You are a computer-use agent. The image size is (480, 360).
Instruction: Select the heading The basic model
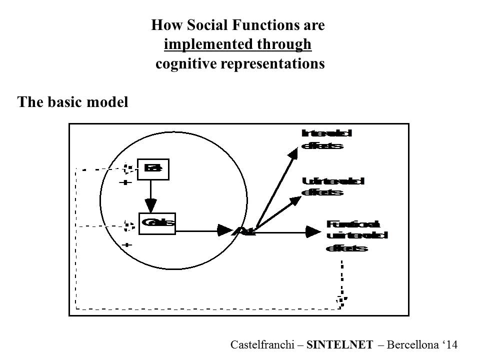point(73,102)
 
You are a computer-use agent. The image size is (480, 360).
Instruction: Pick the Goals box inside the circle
point(157,223)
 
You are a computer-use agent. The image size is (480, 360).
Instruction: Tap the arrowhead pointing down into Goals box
point(150,204)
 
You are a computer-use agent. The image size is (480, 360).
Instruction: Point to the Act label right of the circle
point(245,231)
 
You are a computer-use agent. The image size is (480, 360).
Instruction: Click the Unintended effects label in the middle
point(332,186)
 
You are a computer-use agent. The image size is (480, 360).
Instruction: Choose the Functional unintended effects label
point(356,235)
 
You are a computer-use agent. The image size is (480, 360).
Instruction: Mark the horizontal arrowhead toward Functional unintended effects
point(313,231)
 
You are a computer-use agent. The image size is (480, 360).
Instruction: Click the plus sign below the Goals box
point(127,245)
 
